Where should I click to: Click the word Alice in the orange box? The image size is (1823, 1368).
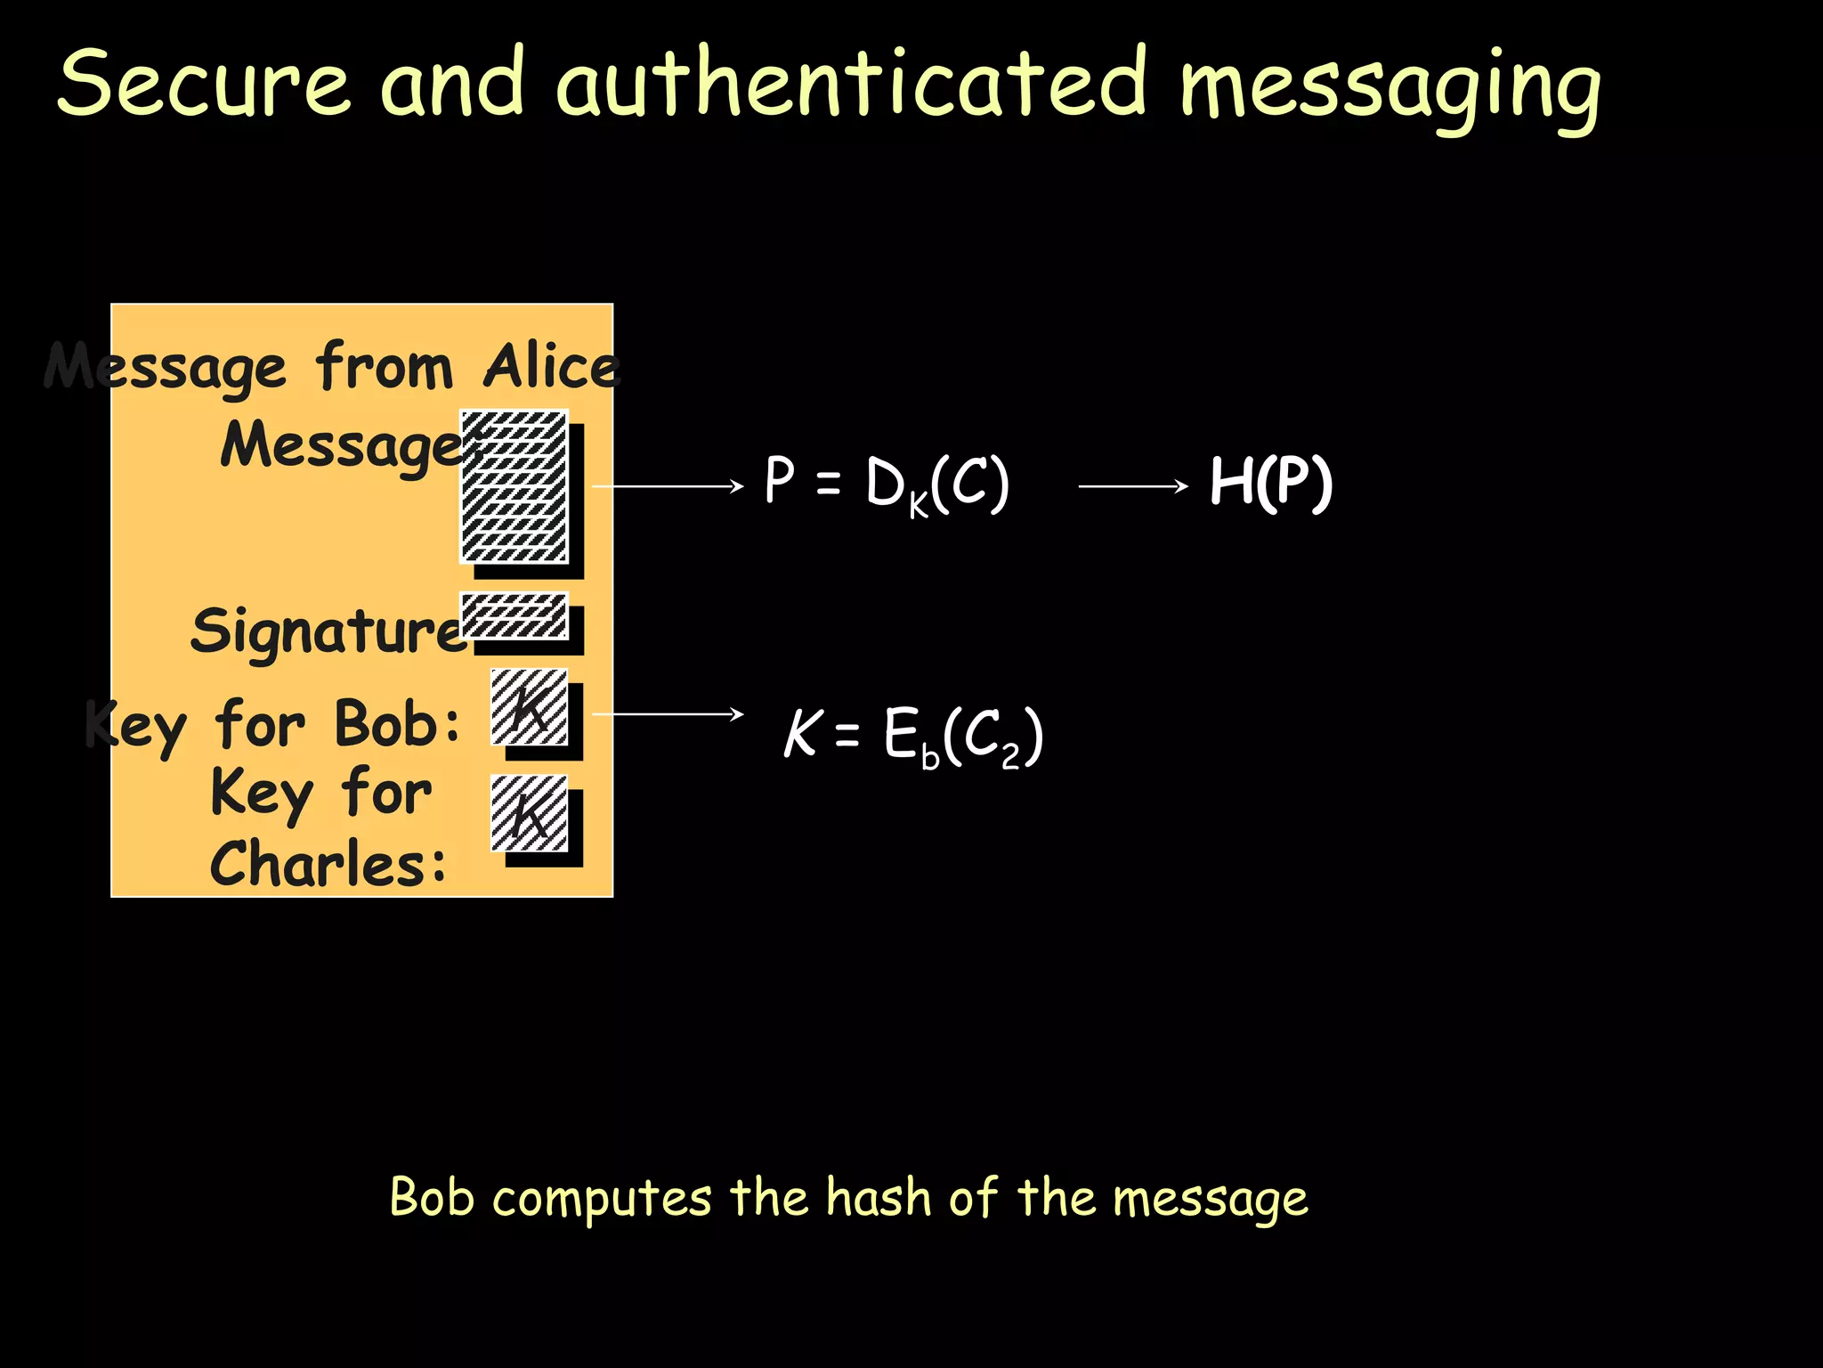pyautogui.click(x=551, y=366)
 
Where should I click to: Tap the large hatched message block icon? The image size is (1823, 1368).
pyautogui.click(x=514, y=486)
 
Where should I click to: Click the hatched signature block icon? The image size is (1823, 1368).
pyautogui.click(x=514, y=615)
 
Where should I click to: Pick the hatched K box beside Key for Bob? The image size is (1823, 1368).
pyautogui.click(x=529, y=707)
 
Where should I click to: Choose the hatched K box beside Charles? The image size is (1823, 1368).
pyautogui.click(x=529, y=813)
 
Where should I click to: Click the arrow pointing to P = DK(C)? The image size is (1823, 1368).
pyautogui.click(x=667, y=486)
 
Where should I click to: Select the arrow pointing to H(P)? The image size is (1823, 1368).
pyautogui.click(x=1132, y=486)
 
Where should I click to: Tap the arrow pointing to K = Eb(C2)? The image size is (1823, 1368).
pyautogui.click(x=667, y=714)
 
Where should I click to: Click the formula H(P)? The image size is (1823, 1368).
pyautogui.click(x=1270, y=483)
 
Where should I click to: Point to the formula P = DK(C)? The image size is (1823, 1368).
pyautogui.click(x=887, y=484)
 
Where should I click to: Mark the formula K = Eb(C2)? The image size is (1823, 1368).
pyautogui.click(x=912, y=736)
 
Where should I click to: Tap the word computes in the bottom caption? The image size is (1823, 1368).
pyautogui.click(x=602, y=1198)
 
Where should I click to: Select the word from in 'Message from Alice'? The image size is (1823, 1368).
pyautogui.click(x=385, y=366)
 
